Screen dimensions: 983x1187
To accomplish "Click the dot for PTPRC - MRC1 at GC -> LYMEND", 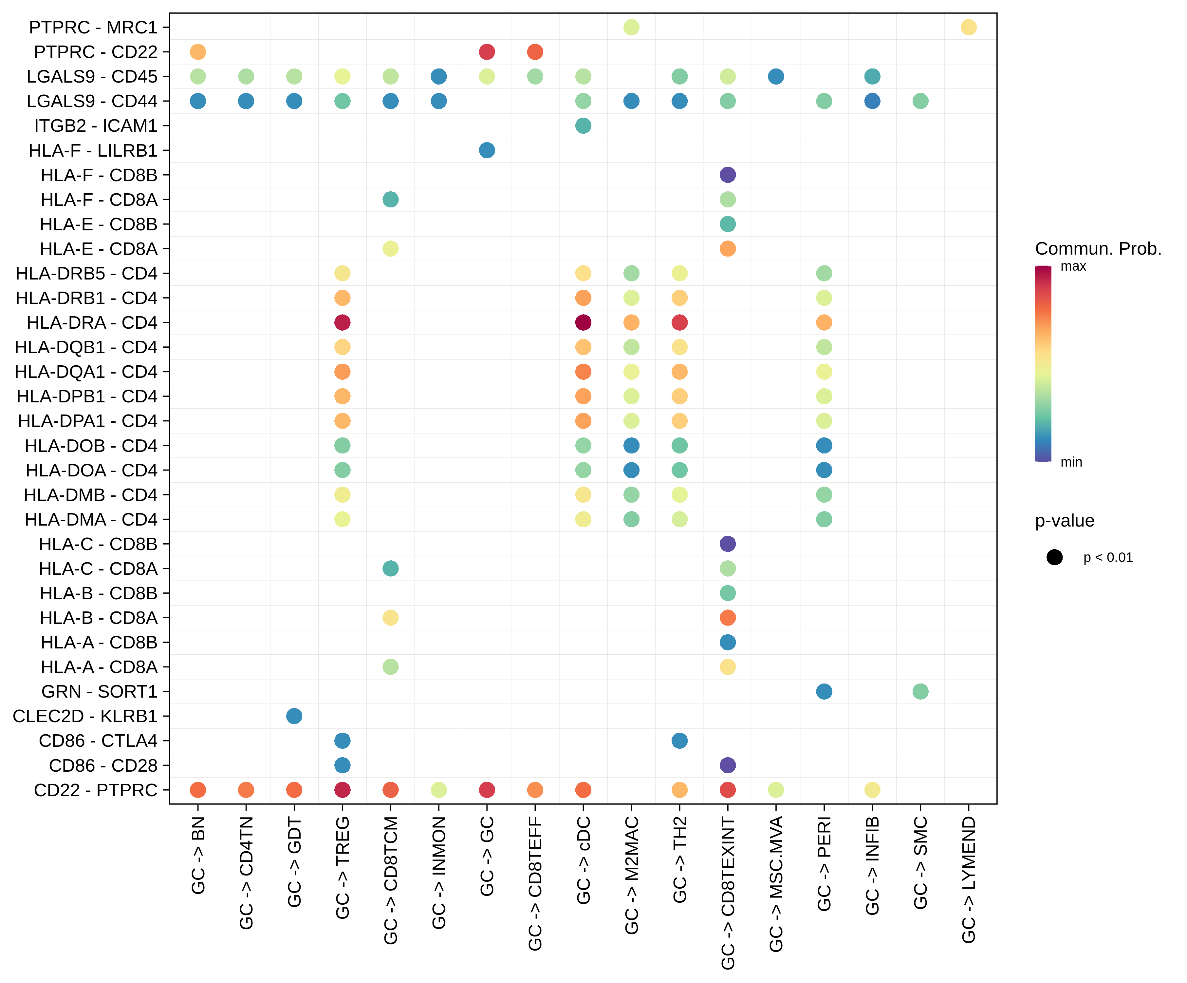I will pyautogui.click(x=968, y=27).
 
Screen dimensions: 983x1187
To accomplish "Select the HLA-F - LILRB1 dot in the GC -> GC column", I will pyautogui.click(x=487, y=150).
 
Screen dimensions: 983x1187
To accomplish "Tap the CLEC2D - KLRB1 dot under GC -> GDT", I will pyautogui.click(x=294, y=716).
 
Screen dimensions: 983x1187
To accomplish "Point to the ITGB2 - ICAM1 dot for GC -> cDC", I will pyautogui.click(x=583, y=125).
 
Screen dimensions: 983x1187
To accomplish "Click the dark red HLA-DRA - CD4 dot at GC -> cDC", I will pyautogui.click(x=583, y=322).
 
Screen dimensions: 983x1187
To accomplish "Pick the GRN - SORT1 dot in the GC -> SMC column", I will pyautogui.click(x=920, y=691).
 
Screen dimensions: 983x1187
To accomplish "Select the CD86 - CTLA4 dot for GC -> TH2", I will pyautogui.click(x=679, y=740).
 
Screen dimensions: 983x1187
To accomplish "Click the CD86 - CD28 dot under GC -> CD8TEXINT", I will pyautogui.click(x=728, y=765).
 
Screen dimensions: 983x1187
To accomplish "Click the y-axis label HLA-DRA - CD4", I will pyautogui.click(x=92, y=322).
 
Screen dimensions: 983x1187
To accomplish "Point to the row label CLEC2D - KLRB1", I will pyautogui.click(x=85, y=716).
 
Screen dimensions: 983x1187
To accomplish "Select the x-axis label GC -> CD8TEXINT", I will pyautogui.click(x=728, y=893).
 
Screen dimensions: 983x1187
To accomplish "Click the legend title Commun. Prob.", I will pyautogui.click(x=1098, y=248).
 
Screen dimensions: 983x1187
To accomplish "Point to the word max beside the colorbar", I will pyautogui.click(x=1073, y=266).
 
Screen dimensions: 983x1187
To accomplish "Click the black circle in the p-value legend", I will pyautogui.click(x=1054, y=557).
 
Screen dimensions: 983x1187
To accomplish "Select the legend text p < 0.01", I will pyautogui.click(x=1108, y=558).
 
